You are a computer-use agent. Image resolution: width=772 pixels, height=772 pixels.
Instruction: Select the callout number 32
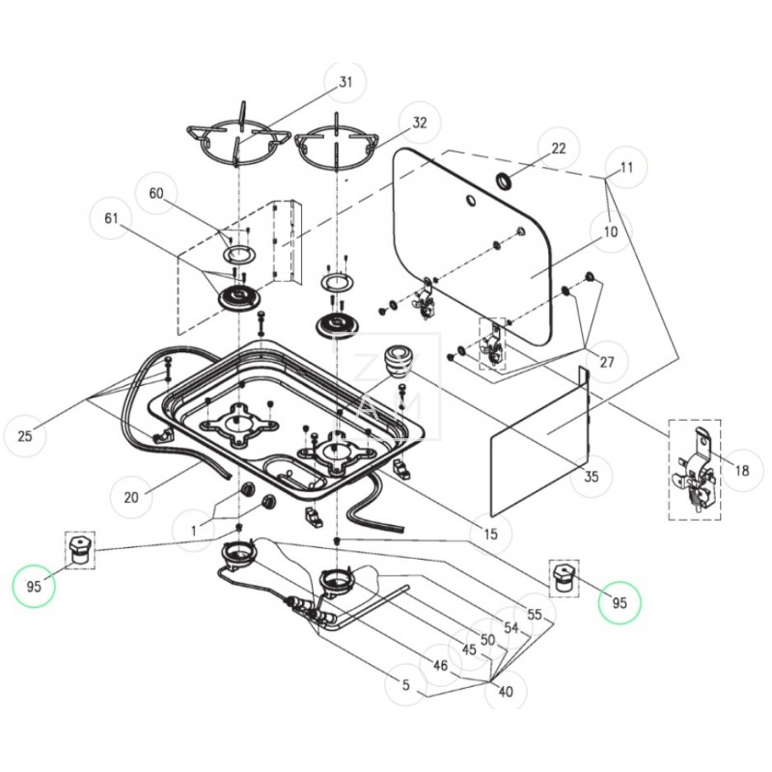click(x=420, y=124)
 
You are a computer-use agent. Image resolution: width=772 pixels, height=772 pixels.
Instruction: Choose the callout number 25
click(x=25, y=436)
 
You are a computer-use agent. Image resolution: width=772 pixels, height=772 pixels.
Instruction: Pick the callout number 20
click(x=132, y=498)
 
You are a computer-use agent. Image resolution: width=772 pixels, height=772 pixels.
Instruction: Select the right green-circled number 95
click(x=620, y=603)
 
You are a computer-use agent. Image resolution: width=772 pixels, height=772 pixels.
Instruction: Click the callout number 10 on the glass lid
click(x=610, y=232)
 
